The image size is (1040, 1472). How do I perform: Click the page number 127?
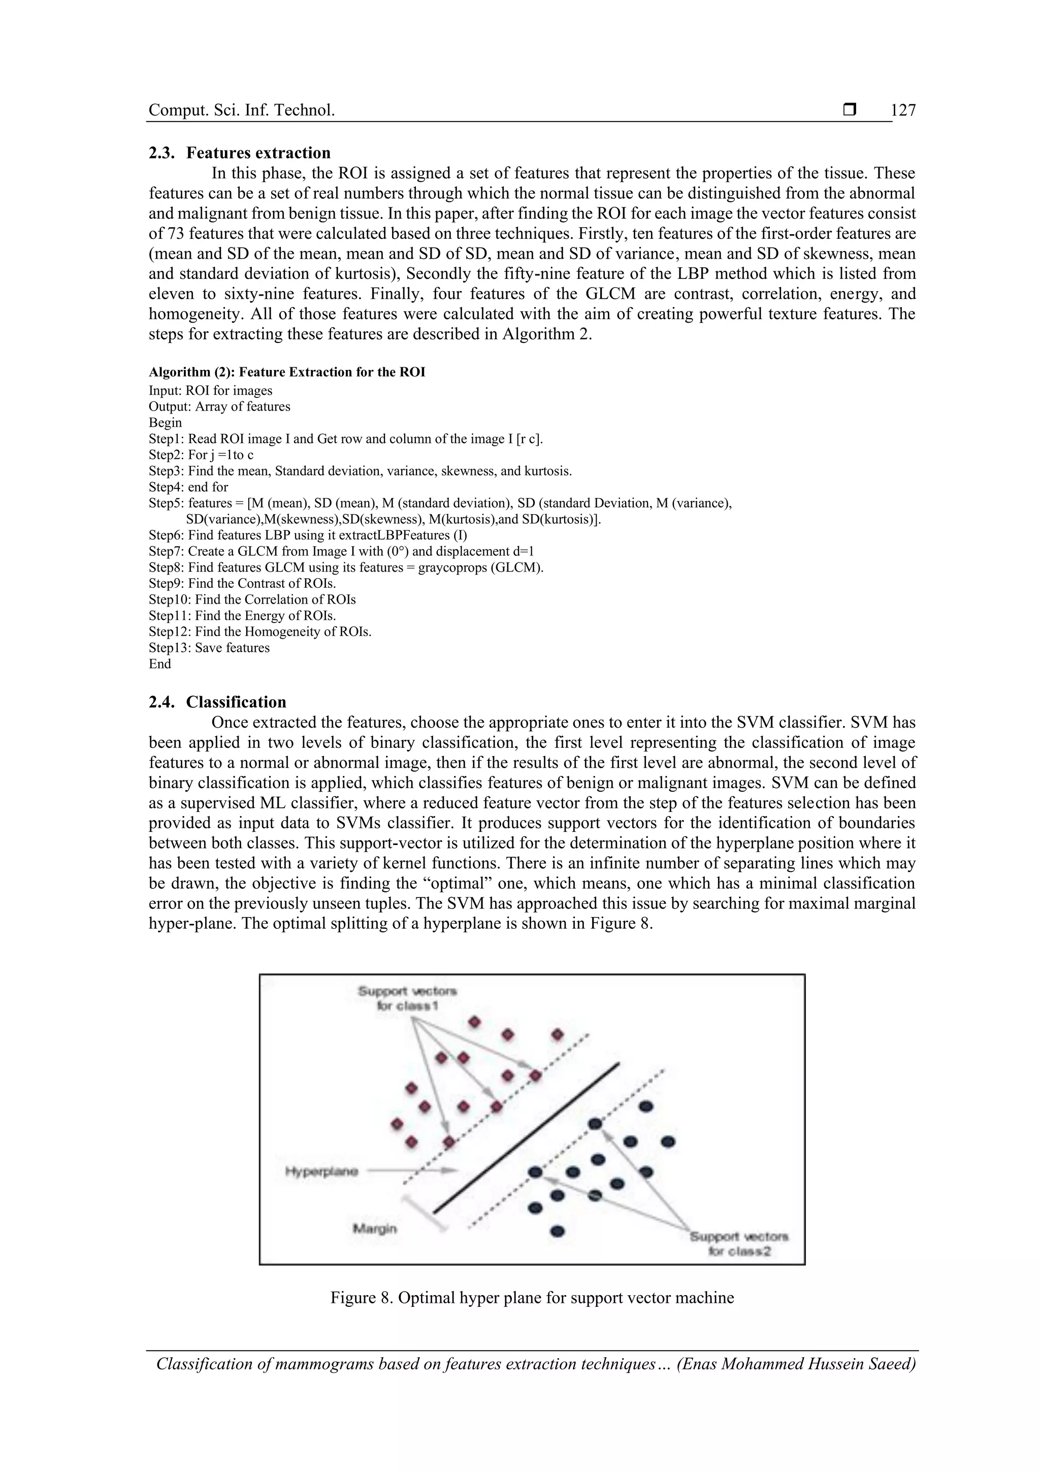coord(903,111)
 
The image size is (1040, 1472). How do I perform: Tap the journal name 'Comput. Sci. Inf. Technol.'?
coord(242,111)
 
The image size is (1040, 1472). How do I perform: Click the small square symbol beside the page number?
coord(850,110)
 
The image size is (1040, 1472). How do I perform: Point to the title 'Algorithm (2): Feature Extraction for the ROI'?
coord(286,372)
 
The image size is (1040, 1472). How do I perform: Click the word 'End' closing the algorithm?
coord(159,664)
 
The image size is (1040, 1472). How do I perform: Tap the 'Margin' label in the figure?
coord(375,1229)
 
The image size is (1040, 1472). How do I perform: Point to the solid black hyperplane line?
coord(526,1138)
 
